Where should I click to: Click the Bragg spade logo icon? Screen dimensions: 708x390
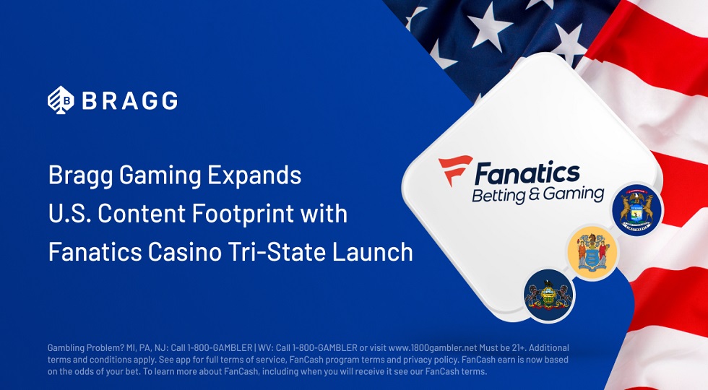coord(61,100)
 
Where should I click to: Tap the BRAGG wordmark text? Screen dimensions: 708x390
coord(130,100)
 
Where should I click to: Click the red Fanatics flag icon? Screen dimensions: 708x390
coord(454,170)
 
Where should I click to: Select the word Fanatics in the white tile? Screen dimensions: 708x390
coord(527,174)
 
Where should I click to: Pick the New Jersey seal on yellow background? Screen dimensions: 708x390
coord(592,252)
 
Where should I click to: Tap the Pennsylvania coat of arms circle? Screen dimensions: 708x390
coord(548,295)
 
